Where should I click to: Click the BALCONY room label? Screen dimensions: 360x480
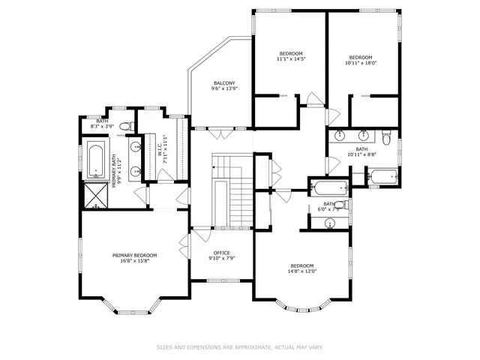click(x=224, y=82)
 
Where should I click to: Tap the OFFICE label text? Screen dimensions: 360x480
click(x=221, y=253)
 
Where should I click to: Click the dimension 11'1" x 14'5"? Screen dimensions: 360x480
click(x=290, y=60)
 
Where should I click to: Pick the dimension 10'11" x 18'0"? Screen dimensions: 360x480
click(x=360, y=64)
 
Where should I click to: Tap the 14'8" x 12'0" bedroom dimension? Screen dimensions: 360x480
click(x=302, y=271)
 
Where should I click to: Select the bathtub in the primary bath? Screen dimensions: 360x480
click(x=95, y=158)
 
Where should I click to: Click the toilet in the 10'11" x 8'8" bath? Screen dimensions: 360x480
click(x=385, y=138)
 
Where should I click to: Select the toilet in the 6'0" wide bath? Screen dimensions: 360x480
click(x=339, y=205)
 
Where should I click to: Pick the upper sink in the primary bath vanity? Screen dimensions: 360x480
click(x=136, y=146)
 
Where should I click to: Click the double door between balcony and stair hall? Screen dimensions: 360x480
click(x=219, y=133)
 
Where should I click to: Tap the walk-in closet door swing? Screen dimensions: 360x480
click(x=181, y=196)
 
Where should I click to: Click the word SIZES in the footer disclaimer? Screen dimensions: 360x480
click(x=164, y=347)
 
